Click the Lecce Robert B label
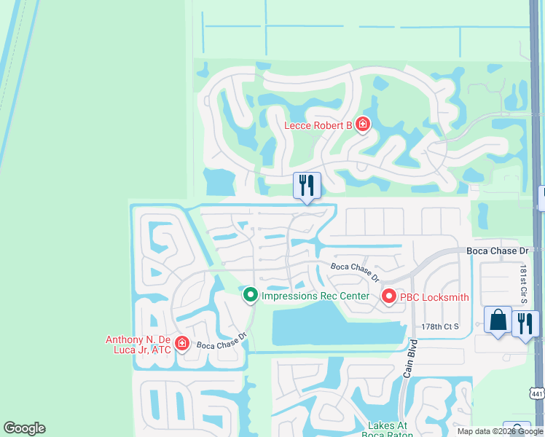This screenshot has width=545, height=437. pyautogui.click(x=318, y=126)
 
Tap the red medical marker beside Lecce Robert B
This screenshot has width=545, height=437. pyautogui.click(x=362, y=125)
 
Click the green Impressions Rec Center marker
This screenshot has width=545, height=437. pyautogui.click(x=251, y=295)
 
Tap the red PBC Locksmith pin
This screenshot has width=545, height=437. pyautogui.click(x=388, y=296)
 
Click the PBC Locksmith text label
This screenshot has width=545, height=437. pyautogui.click(x=433, y=297)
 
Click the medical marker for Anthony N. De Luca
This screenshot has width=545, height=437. pyautogui.click(x=181, y=344)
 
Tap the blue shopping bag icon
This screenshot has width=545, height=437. pyautogui.click(x=498, y=320)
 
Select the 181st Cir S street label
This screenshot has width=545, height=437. pyautogui.click(x=523, y=284)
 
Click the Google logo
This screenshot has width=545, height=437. pyautogui.click(x=24, y=428)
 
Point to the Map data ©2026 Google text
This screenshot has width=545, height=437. pyautogui.click(x=499, y=431)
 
